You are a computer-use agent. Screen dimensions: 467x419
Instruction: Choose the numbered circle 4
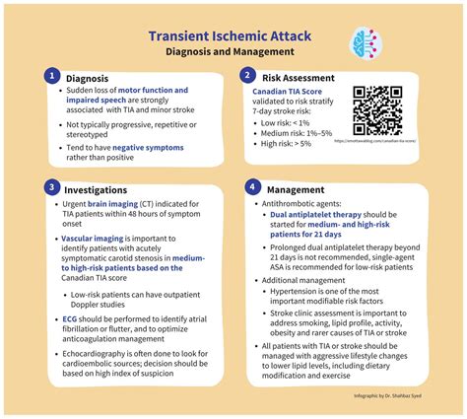tap(252, 186)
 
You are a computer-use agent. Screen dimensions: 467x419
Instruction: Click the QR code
tap(377, 109)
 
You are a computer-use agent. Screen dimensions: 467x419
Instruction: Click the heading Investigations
tap(98, 188)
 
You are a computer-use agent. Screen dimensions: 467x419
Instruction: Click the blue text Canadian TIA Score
tap(286, 91)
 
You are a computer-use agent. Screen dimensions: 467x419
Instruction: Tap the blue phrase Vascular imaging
tap(95, 239)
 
